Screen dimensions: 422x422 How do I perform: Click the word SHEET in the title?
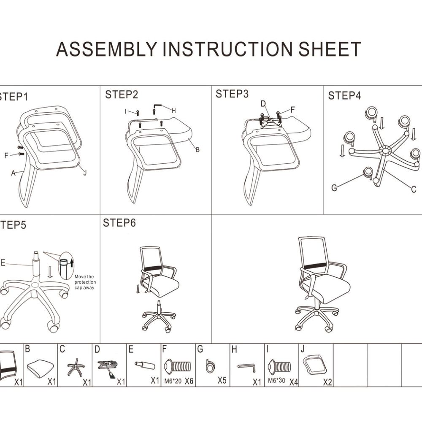click(x=330, y=49)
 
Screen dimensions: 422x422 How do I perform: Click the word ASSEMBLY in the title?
click(x=107, y=49)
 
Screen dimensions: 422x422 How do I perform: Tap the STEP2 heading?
click(x=122, y=95)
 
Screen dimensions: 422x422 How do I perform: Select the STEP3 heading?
click(x=232, y=94)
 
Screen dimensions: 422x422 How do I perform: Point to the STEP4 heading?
click(x=344, y=95)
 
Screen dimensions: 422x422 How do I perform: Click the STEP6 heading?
click(x=119, y=223)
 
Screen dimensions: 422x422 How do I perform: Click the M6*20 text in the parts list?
click(x=173, y=381)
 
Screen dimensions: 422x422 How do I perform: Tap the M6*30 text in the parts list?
click(x=276, y=381)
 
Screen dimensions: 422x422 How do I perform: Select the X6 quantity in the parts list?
click(x=189, y=381)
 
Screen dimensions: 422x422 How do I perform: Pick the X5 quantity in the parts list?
click(x=222, y=380)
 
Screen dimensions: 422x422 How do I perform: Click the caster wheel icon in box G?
click(x=210, y=366)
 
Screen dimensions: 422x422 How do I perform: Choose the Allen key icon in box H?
click(x=247, y=368)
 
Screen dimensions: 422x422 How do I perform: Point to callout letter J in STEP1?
click(x=85, y=173)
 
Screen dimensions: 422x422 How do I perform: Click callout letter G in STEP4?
click(x=334, y=188)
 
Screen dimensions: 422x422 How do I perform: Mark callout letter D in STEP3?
click(x=263, y=104)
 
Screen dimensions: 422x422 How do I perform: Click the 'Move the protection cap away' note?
click(x=85, y=282)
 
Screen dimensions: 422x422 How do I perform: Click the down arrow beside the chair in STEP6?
click(x=138, y=289)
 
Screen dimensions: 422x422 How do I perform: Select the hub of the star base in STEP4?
click(x=385, y=150)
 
